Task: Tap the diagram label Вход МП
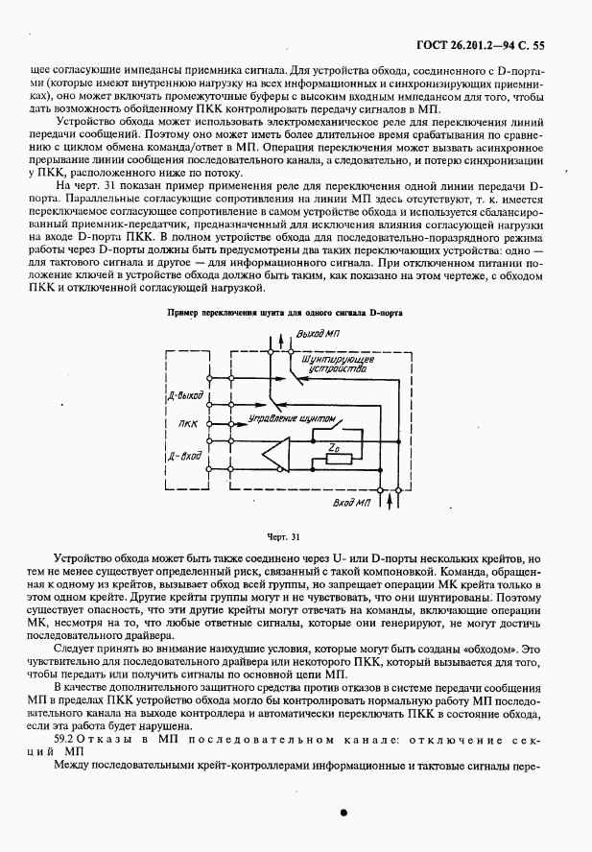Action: click(352, 501)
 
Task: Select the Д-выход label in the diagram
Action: click(183, 393)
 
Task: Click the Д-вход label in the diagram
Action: click(184, 456)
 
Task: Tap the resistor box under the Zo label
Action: click(338, 459)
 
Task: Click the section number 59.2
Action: click(63, 742)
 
